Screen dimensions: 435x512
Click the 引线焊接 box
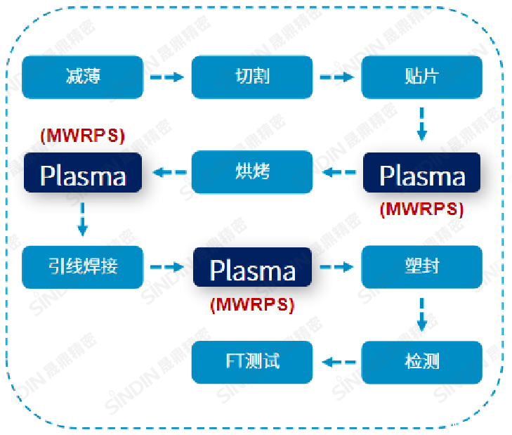point(82,267)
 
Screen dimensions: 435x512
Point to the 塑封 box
point(421,267)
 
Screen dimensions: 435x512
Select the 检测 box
point(421,362)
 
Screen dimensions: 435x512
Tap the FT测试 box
point(252,362)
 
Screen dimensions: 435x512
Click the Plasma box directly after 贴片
point(421,174)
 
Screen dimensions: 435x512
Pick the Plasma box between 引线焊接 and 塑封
point(252,268)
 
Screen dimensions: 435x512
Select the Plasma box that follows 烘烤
point(82,174)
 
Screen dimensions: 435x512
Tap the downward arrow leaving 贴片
point(421,124)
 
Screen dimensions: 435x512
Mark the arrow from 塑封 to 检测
point(421,315)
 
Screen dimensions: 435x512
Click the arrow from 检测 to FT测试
point(337,362)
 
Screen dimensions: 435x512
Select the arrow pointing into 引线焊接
point(83,220)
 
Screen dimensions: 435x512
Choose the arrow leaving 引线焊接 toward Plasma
point(166,267)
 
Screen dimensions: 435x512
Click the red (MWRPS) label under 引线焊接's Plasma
point(252,304)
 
